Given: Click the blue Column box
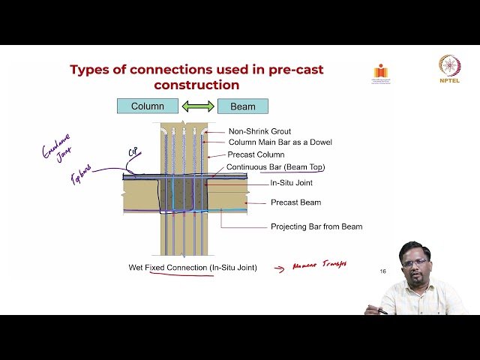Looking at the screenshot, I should (x=148, y=106).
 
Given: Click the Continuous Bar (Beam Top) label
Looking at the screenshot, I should (x=276, y=166).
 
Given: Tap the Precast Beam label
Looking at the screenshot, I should (x=295, y=202).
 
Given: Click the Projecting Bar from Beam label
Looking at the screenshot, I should (x=316, y=226).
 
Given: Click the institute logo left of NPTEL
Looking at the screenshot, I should (x=382, y=72).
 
